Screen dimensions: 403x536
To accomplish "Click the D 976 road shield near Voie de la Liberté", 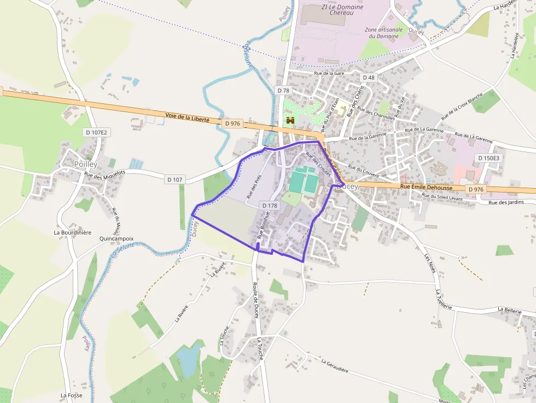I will tap(232, 124).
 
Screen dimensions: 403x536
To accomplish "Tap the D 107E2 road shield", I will tap(97, 132).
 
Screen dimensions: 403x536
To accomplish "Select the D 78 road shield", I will tap(283, 90).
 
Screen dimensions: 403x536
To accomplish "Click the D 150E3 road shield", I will tap(488, 158).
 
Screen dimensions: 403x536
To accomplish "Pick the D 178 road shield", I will tap(270, 206).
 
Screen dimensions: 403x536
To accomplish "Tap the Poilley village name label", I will tap(86, 164).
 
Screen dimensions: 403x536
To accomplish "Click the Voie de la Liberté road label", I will tap(187, 117).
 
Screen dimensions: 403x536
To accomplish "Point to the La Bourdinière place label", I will tap(72, 232).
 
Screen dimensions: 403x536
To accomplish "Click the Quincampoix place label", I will tap(116, 239).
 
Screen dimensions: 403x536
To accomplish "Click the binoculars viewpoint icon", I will tap(290, 120).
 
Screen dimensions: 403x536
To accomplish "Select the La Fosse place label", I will tap(72, 395).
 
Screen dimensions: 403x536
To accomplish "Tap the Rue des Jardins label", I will tap(506, 202).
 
